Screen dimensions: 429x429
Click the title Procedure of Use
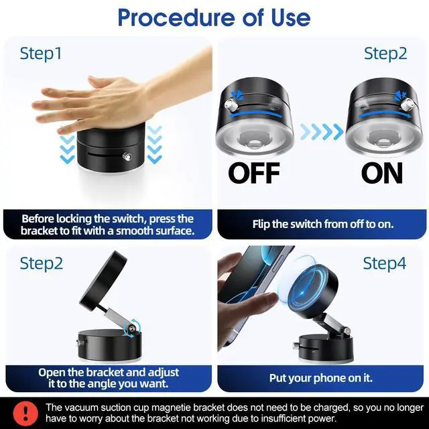(214, 18)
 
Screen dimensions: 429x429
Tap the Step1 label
(41, 54)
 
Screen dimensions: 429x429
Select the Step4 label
(385, 263)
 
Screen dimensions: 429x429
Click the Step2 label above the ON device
(385, 54)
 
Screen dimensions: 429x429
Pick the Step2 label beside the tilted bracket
(41, 263)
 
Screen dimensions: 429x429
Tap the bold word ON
(382, 173)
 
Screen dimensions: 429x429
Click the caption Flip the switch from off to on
(322, 224)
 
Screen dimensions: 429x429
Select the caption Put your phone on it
(320, 378)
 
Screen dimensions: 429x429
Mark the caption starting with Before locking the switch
(107, 225)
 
